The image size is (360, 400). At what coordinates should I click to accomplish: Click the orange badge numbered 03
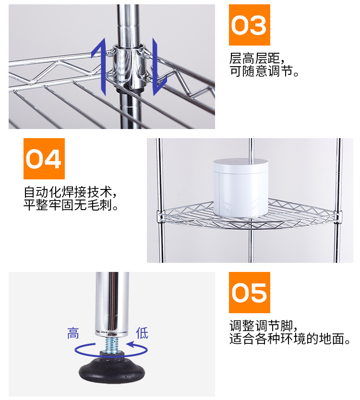pos(249,25)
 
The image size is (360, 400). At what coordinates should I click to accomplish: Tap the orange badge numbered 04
pos(44,159)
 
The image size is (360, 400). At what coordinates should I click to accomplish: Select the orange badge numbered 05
pos(249,293)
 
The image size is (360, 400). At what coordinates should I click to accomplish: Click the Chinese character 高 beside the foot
pos(73,333)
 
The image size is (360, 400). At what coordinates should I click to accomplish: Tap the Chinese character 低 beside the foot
pos(142,333)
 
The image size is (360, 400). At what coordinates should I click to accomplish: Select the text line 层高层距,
pos(257,60)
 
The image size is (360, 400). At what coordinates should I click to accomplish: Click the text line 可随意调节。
pos(264,73)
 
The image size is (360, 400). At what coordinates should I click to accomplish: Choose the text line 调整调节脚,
pos(264,326)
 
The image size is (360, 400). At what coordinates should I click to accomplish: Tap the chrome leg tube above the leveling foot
pos(112,302)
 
